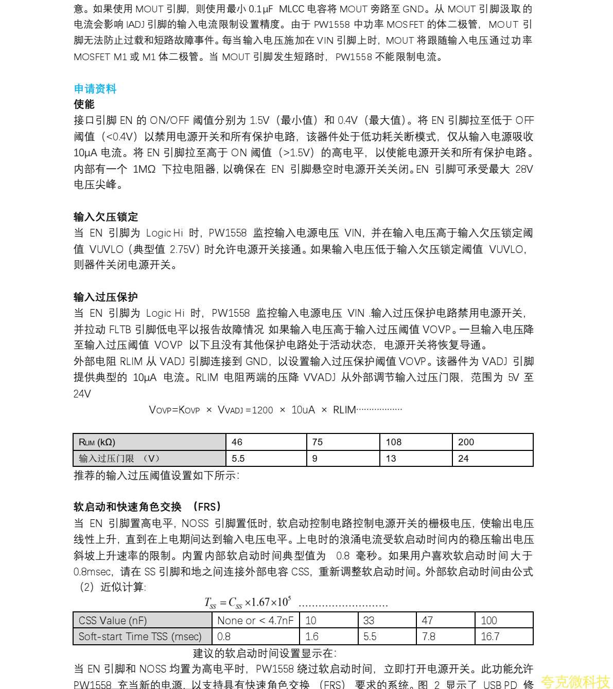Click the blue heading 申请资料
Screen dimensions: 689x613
(x=95, y=88)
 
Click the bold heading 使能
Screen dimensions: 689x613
(x=84, y=104)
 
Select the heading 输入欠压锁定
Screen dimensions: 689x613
(x=106, y=217)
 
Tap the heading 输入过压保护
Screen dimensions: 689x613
(x=106, y=297)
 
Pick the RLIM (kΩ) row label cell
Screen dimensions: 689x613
(x=149, y=442)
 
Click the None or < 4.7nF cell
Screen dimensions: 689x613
(x=255, y=621)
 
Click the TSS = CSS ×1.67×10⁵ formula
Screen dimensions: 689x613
(x=248, y=602)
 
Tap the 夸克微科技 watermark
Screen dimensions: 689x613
(x=575, y=682)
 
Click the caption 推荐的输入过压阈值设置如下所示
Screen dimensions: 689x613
(x=156, y=476)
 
